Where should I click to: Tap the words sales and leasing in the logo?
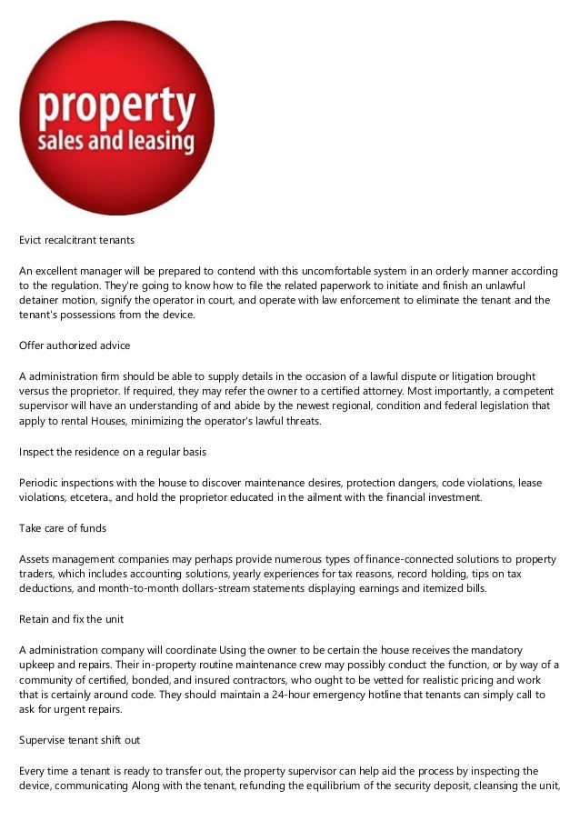pyautogui.click(x=115, y=141)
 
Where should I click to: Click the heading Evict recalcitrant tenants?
pyautogui.click(x=77, y=241)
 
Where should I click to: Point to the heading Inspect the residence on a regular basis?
pyautogui.click(x=109, y=451)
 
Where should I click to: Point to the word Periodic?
pyautogui.click(x=43, y=482)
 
